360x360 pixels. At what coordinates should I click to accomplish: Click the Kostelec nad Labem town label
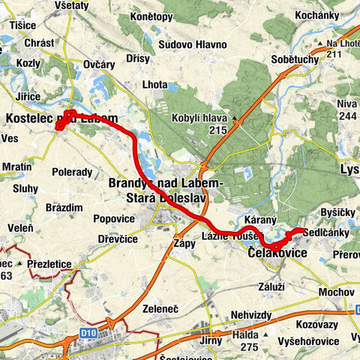(61, 118)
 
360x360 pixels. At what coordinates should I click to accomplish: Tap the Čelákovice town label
(278, 254)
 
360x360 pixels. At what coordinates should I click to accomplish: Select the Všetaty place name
(73, 5)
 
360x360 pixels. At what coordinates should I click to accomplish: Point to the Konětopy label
(150, 16)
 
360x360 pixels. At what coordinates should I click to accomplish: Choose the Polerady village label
(72, 172)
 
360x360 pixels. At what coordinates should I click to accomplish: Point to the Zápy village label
(184, 244)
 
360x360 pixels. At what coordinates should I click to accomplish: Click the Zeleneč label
(163, 307)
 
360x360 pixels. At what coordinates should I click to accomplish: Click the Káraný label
(262, 220)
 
